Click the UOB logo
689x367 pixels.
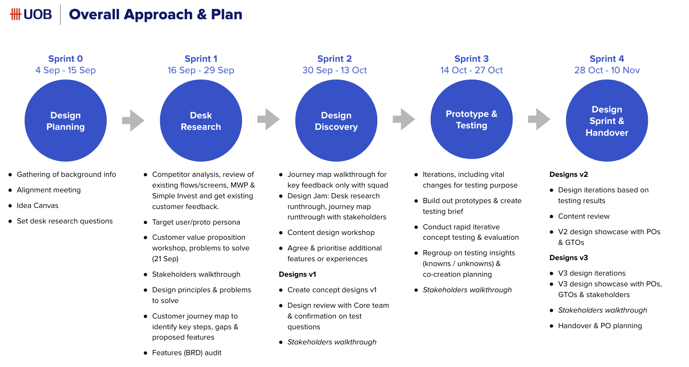(31, 14)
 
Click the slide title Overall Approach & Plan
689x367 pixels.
(155, 14)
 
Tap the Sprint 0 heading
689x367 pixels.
(65, 59)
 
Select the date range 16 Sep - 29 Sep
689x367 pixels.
(201, 70)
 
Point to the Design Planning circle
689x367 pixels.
(65, 121)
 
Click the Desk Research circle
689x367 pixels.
(201, 121)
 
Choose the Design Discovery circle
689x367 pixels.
(336, 121)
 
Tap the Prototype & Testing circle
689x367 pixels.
(471, 119)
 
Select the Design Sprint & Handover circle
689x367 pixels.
(607, 121)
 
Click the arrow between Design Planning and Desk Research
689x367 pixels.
(133, 121)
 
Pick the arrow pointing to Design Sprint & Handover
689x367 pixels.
(539, 119)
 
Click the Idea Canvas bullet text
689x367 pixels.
(37, 205)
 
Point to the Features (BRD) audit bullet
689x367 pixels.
(186, 353)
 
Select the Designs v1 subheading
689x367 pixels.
(298, 274)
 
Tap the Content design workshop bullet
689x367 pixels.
(331, 232)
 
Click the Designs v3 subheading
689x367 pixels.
(569, 257)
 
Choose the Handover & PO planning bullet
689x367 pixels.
(600, 326)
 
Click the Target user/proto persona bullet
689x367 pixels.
(196, 222)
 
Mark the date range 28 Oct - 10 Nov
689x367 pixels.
(607, 70)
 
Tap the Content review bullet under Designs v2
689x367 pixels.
(584, 216)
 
